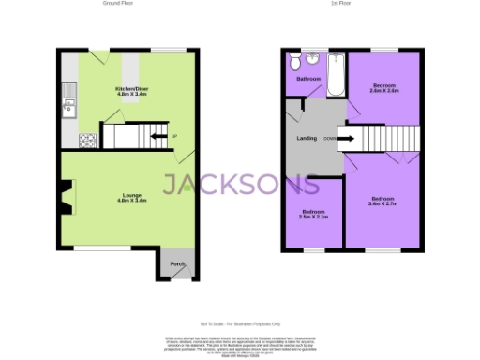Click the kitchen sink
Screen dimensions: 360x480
pyautogui.click(x=67, y=106)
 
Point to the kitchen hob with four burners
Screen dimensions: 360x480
pyautogui.click(x=88, y=142)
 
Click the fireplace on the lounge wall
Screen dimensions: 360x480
pyautogui.click(x=64, y=198)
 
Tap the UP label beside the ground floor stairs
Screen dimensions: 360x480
pyautogui.click(x=174, y=138)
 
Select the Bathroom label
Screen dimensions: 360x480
pyautogui.click(x=309, y=79)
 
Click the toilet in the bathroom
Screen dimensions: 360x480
pyautogui.click(x=295, y=63)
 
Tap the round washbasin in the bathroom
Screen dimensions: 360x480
pyautogui.click(x=313, y=58)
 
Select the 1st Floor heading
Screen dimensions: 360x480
pyautogui.click(x=342, y=4)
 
